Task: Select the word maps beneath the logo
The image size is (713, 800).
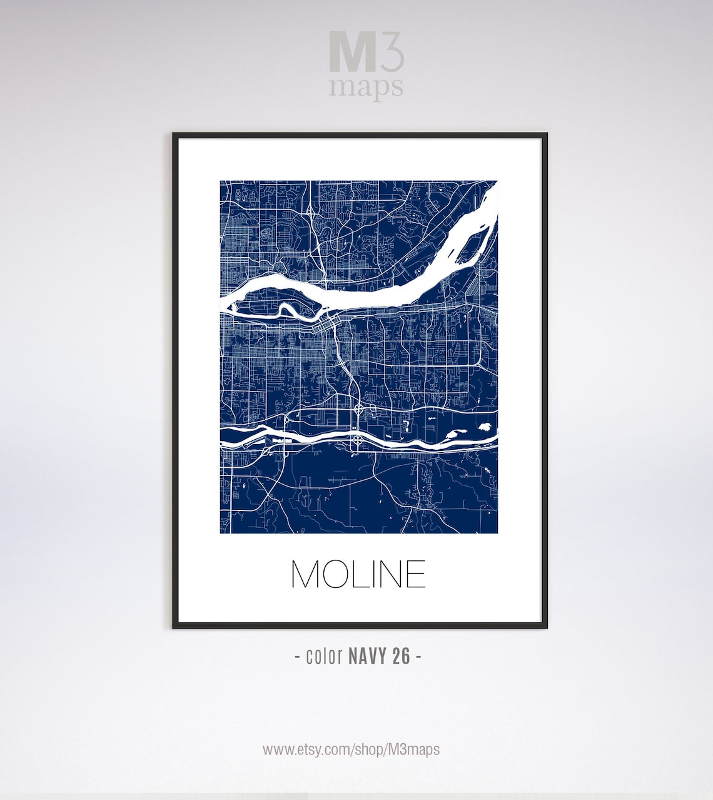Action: [366, 87]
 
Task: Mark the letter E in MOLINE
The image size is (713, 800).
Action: [418, 574]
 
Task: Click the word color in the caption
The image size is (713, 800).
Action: [324, 656]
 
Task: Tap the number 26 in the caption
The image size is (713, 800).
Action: [402, 656]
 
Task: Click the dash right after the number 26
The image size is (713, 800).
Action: [418, 656]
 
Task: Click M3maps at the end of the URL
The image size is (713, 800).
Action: [413, 749]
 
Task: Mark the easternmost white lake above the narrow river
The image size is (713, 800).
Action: [483, 427]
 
